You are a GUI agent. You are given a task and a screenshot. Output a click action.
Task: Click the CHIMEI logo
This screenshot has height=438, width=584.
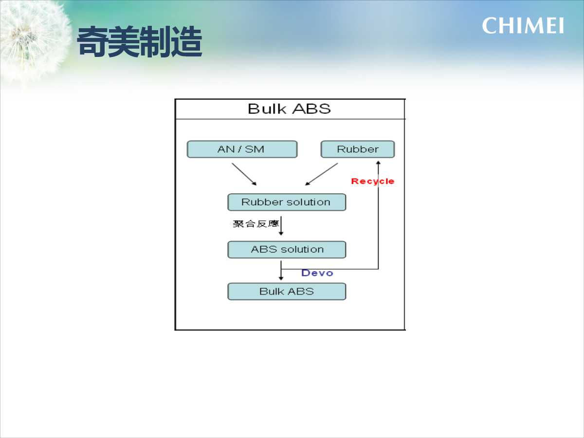(x=523, y=26)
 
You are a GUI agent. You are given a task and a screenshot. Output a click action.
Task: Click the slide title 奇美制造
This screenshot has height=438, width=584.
(x=139, y=42)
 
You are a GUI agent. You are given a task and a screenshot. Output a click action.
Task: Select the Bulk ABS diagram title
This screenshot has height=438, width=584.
(x=289, y=109)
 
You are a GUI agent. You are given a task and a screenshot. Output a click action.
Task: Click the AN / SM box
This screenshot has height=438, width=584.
(x=242, y=149)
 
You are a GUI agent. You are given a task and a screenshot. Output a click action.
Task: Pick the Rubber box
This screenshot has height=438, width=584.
(x=358, y=149)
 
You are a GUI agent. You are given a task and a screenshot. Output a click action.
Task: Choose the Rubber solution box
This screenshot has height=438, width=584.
(x=287, y=202)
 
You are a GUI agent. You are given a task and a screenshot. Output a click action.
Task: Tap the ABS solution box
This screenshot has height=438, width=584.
(x=287, y=250)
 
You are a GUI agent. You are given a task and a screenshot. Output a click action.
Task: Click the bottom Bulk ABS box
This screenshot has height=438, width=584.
(x=287, y=292)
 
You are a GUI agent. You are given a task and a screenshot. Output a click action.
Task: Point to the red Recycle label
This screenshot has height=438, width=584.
(x=372, y=182)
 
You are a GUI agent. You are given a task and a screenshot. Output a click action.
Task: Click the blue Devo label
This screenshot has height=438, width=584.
(x=317, y=273)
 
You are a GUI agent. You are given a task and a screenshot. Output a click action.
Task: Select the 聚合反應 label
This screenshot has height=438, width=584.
(x=255, y=224)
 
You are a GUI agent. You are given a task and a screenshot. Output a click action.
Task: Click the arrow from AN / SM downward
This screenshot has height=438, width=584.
(x=244, y=174)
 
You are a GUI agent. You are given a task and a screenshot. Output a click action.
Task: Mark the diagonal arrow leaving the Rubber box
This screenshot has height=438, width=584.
(x=321, y=174)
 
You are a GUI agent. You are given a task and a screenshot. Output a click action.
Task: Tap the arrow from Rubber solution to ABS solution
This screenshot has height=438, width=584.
(x=281, y=226)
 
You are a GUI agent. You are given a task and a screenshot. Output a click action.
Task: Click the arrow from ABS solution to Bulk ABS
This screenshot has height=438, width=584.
(x=281, y=271)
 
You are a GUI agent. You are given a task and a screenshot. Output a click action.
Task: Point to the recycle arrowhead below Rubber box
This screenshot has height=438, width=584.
(x=378, y=163)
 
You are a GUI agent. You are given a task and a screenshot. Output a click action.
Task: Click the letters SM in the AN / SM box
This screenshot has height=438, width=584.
(x=255, y=149)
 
